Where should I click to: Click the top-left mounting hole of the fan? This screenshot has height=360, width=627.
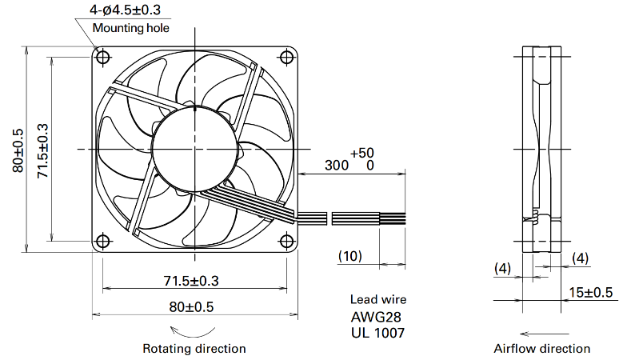pos(103,58)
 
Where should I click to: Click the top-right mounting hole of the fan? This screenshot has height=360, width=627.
pos(287,58)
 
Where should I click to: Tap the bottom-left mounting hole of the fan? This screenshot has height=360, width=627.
pos(103,242)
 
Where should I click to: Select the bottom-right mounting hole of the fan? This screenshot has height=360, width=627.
pos(287,242)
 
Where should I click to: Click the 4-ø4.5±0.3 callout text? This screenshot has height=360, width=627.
pos(125,10)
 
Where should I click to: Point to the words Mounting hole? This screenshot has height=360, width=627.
pos(131,28)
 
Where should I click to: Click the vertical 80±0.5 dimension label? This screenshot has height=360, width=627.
pos(18,150)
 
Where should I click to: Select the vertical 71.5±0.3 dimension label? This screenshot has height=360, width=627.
pos(42,150)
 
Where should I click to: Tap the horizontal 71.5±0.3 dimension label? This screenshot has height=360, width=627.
pos(191,281)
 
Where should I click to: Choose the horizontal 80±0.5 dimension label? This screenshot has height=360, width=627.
pos(191,307)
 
